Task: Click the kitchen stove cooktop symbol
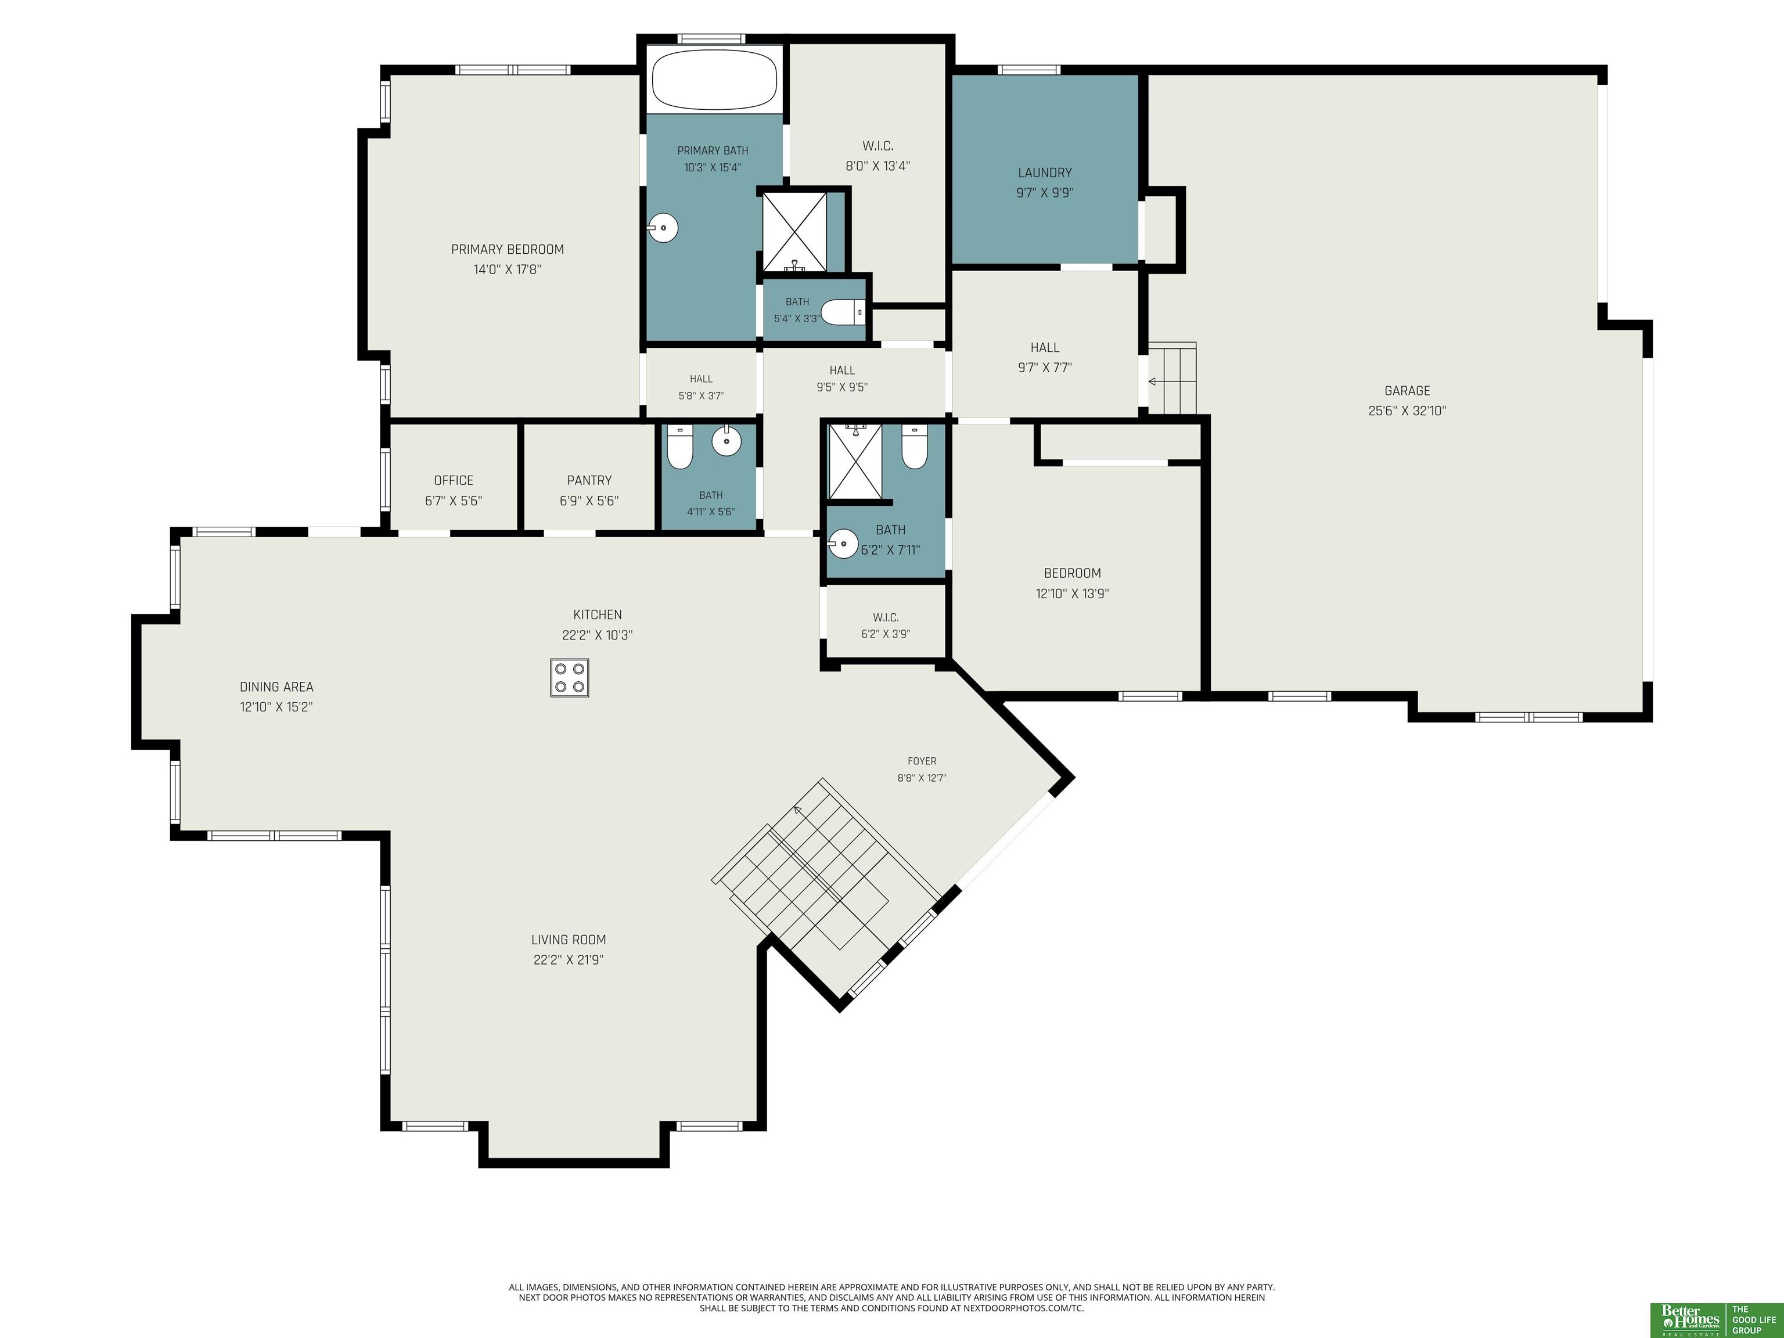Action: click(569, 678)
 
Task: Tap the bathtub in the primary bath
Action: click(714, 80)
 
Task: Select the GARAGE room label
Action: click(1407, 390)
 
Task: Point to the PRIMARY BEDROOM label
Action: click(508, 249)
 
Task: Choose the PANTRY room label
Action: click(589, 480)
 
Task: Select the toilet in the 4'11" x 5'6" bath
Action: click(680, 448)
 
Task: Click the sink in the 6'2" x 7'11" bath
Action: click(843, 544)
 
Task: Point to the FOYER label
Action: click(922, 761)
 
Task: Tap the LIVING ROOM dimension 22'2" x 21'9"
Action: click(569, 960)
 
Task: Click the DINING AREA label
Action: click(276, 687)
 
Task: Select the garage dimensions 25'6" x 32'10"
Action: click(1407, 411)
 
